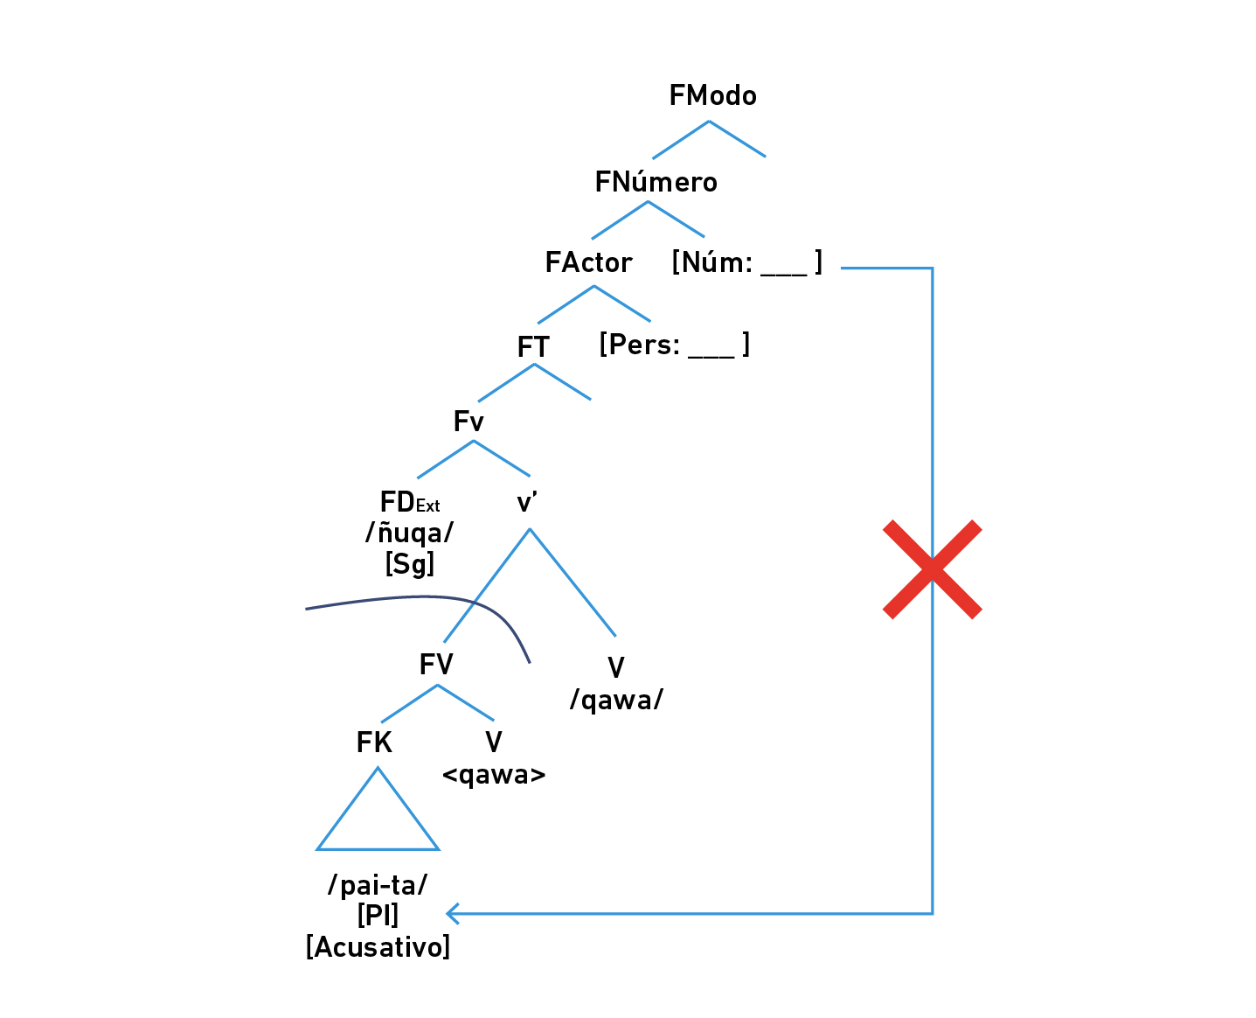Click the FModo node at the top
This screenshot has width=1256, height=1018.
[x=712, y=95]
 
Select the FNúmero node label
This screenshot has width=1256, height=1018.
[x=656, y=182]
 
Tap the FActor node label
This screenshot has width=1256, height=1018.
[x=588, y=262]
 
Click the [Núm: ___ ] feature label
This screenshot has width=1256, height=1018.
[x=746, y=262]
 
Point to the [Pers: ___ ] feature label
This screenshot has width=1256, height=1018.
[x=674, y=345]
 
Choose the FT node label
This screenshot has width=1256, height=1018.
[x=533, y=347]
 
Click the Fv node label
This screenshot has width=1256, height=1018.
[x=468, y=422]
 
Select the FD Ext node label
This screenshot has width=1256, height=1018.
[x=410, y=502]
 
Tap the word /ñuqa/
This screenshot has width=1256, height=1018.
[x=410, y=532]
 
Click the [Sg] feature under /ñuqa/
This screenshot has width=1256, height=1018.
[x=410, y=563]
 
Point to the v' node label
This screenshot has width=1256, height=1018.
[x=527, y=503]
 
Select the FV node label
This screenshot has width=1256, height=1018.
[x=436, y=665]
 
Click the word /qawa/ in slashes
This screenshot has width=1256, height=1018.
[x=616, y=700]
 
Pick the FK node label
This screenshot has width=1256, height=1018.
[x=374, y=743]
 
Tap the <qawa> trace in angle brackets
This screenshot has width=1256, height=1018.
[x=494, y=775]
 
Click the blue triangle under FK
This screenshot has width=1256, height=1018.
[x=378, y=818]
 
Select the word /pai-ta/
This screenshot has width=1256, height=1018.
[x=378, y=885]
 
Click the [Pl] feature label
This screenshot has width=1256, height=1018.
[x=378, y=916]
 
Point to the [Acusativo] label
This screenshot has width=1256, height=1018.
[x=378, y=947]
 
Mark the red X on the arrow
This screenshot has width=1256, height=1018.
[x=933, y=569]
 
